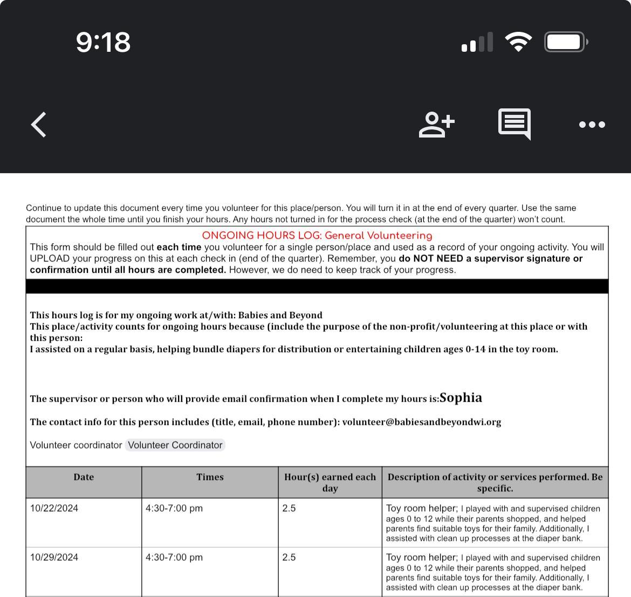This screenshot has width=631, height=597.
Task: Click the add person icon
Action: (x=436, y=125)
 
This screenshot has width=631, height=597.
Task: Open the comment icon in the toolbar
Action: (x=515, y=124)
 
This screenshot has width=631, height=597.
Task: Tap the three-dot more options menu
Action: (x=592, y=125)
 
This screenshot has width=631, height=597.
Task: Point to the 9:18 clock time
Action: (x=103, y=42)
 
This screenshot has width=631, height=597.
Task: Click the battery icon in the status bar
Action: (x=566, y=42)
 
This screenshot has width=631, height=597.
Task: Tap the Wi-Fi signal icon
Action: (x=518, y=42)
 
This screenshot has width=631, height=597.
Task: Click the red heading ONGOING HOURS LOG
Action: (x=317, y=236)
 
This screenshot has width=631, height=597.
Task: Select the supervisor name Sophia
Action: (x=461, y=398)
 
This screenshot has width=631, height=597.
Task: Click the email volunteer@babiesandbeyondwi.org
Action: (x=421, y=422)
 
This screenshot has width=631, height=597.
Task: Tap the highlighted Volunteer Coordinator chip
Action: (x=175, y=445)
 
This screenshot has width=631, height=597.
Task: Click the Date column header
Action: (x=84, y=477)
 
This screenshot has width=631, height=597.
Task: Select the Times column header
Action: (x=210, y=477)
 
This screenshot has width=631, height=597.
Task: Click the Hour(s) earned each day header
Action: (x=330, y=483)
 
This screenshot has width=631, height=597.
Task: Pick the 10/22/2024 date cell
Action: (x=54, y=509)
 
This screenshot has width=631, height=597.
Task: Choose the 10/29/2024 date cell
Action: (x=54, y=558)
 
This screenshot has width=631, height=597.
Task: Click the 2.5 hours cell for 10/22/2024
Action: (x=289, y=509)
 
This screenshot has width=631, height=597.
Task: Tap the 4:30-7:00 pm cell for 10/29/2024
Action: (x=174, y=558)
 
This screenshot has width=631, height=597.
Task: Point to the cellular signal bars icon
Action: (x=477, y=42)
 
